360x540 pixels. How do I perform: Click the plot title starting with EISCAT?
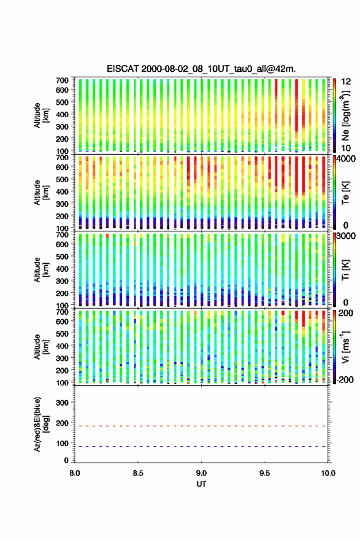click(201, 69)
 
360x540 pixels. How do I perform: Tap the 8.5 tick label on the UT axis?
click(138, 473)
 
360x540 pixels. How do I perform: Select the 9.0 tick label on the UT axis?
click(201, 473)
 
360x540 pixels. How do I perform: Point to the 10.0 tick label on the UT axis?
click(328, 473)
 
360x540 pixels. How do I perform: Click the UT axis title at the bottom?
click(201, 484)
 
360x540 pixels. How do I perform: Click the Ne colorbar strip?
click(334, 115)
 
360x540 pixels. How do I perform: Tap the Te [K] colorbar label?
click(345, 193)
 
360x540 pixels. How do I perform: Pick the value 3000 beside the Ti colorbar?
click(347, 236)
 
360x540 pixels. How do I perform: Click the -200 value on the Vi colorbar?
click(345, 379)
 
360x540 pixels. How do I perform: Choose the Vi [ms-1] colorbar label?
click(345, 347)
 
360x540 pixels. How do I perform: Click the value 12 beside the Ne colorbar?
click(347, 82)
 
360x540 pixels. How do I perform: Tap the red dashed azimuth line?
click(201, 426)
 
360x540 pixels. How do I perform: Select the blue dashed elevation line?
click(201, 446)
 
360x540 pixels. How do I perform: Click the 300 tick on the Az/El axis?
click(63, 403)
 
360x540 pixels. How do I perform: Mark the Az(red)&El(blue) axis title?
click(40, 424)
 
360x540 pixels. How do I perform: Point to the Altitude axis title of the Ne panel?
click(40, 115)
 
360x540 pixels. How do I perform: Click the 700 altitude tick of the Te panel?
click(63, 157)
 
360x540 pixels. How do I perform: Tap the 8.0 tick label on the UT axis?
click(75, 473)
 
